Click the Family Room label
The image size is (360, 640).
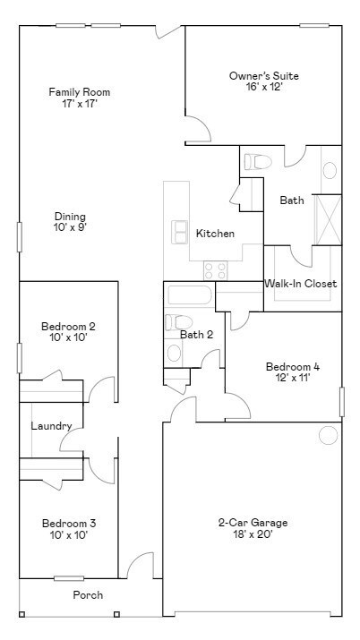[73, 92]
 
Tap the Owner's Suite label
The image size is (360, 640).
[263, 76]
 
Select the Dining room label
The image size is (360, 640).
[70, 216]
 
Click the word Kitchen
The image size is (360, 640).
[215, 234]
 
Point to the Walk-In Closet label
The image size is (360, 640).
[300, 284]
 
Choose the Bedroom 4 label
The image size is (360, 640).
[292, 366]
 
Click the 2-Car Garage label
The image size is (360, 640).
[253, 523]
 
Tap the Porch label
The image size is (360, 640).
[88, 595]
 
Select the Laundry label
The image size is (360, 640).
[51, 426]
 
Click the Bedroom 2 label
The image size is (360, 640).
[68, 327]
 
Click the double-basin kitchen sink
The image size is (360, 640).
[180, 232]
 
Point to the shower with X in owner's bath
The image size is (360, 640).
[328, 218]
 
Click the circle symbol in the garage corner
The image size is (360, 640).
[329, 435]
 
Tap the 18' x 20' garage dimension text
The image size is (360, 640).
[253, 534]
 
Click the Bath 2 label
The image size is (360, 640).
[196, 335]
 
